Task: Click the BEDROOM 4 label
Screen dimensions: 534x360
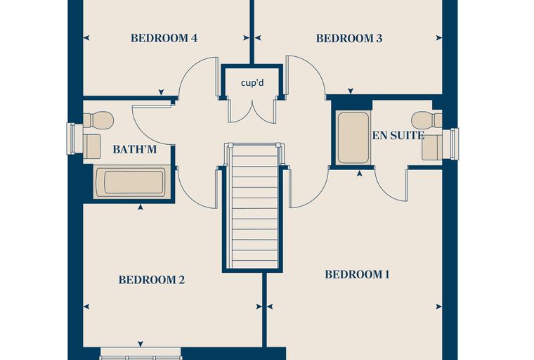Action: (x=164, y=38)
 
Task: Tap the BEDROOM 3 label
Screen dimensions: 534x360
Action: (x=349, y=38)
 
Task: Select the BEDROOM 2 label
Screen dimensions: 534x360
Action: (x=152, y=280)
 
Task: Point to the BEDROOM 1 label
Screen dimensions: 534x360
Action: (x=357, y=274)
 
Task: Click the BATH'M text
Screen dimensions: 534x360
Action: (x=134, y=149)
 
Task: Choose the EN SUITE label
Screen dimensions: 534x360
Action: (x=398, y=136)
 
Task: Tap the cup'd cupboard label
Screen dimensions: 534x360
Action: (x=252, y=82)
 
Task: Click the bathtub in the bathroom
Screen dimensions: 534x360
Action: (x=133, y=181)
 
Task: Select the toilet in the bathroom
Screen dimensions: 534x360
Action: (x=98, y=120)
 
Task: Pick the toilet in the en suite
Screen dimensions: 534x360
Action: (x=426, y=120)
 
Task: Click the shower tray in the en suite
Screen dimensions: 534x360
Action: (x=353, y=138)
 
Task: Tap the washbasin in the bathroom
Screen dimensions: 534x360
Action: (x=91, y=146)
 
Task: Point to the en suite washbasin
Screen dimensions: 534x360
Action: (x=432, y=147)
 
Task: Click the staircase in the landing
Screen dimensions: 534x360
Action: (x=254, y=206)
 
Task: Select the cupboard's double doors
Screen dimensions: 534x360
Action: (x=252, y=111)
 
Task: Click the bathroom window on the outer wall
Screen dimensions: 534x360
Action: (x=75, y=138)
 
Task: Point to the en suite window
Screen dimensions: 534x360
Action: (x=450, y=143)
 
